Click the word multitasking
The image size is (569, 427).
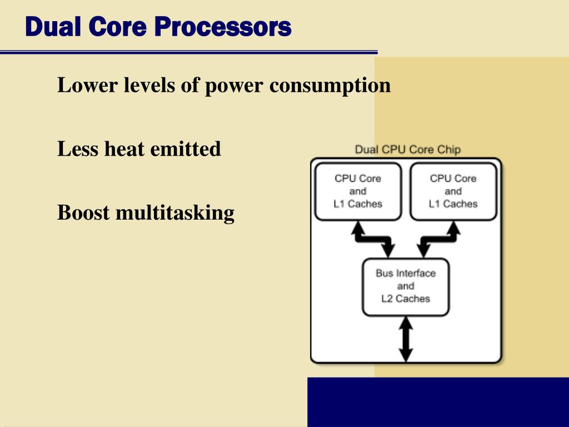pos(175,213)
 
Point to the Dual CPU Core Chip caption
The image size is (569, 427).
pos(407,150)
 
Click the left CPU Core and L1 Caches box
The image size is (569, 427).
pos(358,191)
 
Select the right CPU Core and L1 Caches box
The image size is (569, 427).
pos(453,191)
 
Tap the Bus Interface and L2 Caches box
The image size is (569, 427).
pos(406,286)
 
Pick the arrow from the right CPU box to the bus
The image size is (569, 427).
pos(439,238)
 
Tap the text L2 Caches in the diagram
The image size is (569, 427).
pos(406,299)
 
